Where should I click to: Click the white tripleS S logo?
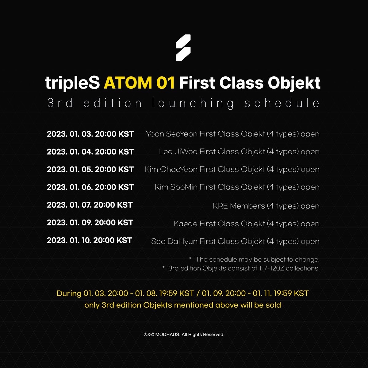[183, 48]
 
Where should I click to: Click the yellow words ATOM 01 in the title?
[139, 83]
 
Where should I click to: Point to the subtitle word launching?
[193, 103]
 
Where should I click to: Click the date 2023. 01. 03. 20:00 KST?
[90, 134]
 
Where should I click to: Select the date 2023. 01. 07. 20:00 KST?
[90, 205]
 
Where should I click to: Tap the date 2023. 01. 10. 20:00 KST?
[90, 240]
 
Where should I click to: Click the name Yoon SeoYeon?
[172, 134]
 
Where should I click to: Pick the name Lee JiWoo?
[178, 152]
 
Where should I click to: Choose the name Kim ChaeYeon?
[171, 169]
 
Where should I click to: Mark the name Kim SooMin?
[176, 187]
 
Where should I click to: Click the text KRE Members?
[239, 206]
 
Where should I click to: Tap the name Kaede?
[186, 224]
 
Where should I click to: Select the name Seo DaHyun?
[174, 241]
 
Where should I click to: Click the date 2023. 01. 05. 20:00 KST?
[90, 169]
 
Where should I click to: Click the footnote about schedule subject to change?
[254, 259]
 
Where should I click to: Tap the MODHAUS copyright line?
[184, 335]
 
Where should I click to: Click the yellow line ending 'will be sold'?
[182, 305]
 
